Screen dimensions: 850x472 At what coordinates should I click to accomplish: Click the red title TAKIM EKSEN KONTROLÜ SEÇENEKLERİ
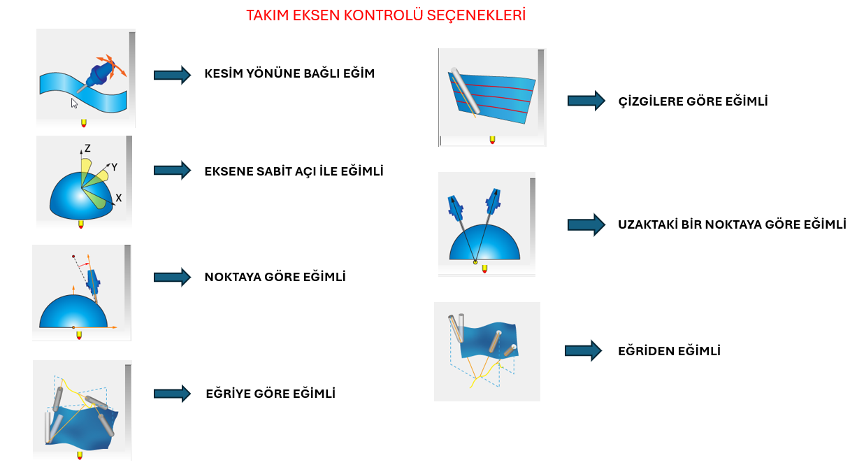386,15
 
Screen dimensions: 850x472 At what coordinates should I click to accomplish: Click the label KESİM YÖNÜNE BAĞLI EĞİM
289,73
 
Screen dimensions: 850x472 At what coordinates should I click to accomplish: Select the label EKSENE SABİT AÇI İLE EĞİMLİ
294,171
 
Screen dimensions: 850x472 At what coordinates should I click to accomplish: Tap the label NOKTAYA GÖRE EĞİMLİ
275,277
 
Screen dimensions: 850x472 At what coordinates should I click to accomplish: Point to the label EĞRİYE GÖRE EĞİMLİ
271,394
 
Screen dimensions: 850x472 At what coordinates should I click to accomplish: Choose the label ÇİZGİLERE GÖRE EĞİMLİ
693,101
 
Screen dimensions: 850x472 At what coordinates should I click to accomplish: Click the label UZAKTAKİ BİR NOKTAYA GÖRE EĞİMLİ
732,224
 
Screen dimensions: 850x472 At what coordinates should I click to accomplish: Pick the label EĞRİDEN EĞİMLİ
669,351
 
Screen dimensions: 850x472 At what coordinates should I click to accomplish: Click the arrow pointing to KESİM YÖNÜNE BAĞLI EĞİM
172,75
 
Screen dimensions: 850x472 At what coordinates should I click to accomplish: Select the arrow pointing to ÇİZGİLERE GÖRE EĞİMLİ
586,101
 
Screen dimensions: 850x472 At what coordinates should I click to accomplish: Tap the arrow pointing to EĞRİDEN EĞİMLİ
583,350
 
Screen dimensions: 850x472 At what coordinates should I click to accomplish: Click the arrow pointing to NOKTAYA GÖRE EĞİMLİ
172,277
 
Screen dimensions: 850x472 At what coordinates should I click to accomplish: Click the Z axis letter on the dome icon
87,148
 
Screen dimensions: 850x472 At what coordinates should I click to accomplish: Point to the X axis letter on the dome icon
119,198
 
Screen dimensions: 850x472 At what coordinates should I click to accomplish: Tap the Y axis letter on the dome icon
114,166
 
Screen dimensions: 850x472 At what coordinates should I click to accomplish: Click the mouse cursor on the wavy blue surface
74,103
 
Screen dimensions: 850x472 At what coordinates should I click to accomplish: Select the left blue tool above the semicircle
455,208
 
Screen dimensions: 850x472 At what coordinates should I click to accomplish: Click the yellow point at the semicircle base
475,262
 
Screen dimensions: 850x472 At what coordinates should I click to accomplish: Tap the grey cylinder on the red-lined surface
466,90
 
